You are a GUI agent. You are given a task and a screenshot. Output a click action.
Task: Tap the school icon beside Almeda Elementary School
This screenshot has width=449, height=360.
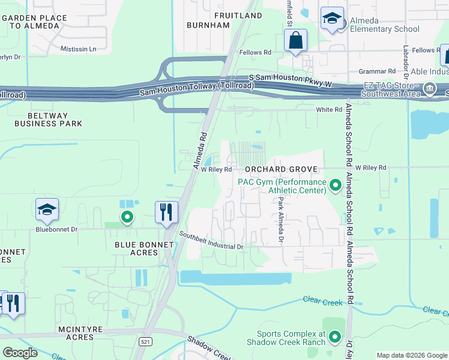(332, 19)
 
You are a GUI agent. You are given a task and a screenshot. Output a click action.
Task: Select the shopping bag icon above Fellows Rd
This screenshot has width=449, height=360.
(295, 41)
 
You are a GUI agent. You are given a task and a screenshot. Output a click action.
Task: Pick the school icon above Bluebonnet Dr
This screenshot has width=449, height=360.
(47, 209)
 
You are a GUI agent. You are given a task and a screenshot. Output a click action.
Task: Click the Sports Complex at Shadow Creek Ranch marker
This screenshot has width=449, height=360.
(334, 338)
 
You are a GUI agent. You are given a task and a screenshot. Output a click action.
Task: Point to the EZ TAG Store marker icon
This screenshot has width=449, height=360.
(429, 90)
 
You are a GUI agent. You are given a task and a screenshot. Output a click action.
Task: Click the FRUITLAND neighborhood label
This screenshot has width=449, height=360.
(238, 15)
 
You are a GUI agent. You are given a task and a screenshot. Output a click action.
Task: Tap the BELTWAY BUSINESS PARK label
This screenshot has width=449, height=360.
(48, 119)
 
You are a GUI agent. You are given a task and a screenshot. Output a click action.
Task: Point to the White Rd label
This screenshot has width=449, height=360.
(330, 110)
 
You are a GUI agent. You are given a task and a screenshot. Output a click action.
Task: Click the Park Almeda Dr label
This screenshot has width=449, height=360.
(280, 213)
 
